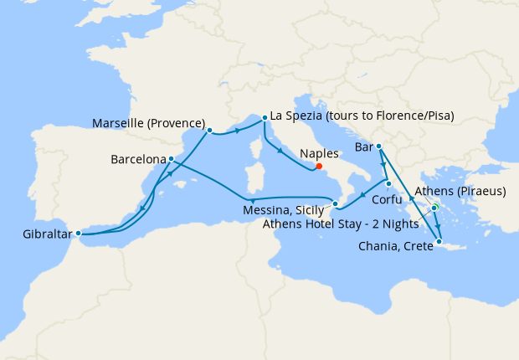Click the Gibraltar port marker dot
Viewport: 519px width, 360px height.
click(78, 233)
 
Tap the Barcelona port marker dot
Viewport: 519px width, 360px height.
click(171, 158)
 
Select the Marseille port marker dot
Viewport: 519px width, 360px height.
click(209, 130)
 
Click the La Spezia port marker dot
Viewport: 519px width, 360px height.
click(265, 118)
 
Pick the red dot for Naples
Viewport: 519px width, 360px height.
click(319, 165)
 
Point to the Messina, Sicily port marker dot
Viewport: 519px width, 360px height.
click(335, 203)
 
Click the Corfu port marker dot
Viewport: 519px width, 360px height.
click(389, 183)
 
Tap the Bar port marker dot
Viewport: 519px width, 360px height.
click(379, 147)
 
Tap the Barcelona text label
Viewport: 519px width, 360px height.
click(137, 158)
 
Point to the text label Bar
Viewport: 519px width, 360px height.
click(363, 147)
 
